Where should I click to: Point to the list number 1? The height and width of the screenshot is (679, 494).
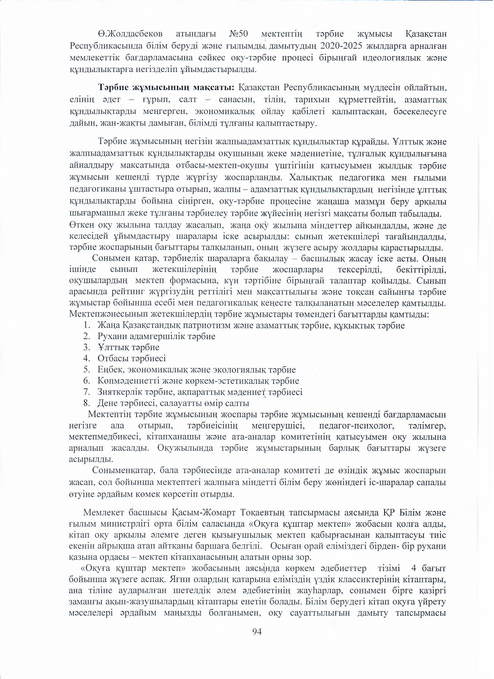[87, 326]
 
